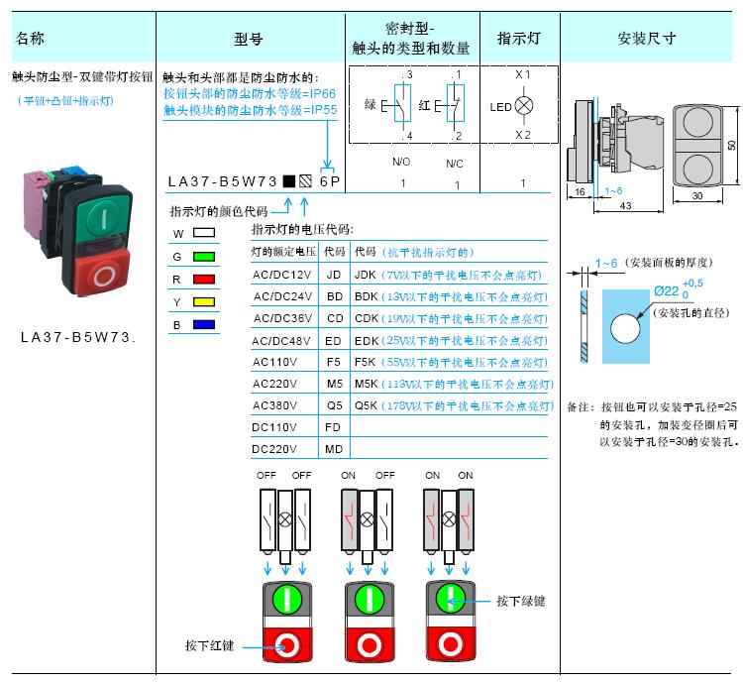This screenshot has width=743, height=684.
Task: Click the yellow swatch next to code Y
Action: (x=204, y=302)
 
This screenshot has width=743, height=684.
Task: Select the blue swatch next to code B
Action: (x=204, y=325)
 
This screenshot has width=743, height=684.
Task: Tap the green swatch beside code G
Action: (x=204, y=257)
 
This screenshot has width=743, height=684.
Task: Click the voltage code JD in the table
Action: (x=334, y=275)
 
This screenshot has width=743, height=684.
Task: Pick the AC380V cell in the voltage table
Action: (x=274, y=405)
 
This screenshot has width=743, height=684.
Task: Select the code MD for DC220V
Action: (x=334, y=449)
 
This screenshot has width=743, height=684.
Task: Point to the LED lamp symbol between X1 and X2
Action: (x=524, y=105)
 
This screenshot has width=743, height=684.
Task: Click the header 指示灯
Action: (x=519, y=38)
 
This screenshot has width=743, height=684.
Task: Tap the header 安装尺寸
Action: (x=646, y=38)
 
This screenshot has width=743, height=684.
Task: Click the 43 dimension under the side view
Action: (x=625, y=206)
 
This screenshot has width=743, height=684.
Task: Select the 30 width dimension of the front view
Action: (x=697, y=195)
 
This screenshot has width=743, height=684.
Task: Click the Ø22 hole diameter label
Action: (x=667, y=291)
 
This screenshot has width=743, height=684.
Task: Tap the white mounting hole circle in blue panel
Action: (x=625, y=328)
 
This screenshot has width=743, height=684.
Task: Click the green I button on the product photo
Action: (x=103, y=217)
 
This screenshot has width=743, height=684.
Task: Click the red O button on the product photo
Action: (x=103, y=274)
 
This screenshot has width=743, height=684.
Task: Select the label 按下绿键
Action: (x=521, y=601)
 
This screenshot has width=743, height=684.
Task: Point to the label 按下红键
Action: (x=209, y=645)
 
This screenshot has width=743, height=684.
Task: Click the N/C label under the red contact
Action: (x=455, y=164)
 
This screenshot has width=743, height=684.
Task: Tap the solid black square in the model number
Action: (x=289, y=181)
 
